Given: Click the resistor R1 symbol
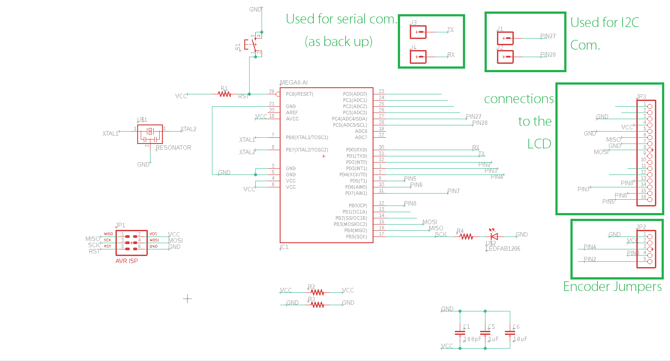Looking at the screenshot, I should click(225, 94).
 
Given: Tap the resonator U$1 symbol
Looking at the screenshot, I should click(150, 134).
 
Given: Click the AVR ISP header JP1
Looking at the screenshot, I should click(131, 243).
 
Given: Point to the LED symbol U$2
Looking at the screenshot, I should click(494, 236).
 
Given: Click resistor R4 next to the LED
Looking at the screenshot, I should click(466, 237).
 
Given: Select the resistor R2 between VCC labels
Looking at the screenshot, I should click(317, 292).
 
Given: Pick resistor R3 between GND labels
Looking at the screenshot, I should click(317, 305).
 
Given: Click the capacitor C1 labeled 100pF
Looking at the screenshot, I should click(460, 333).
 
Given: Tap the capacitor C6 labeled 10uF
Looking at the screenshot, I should click(510, 333).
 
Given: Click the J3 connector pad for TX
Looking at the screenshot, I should click(418, 32).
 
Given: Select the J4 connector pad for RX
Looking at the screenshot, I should click(418, 57).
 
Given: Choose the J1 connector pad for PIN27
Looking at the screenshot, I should click(505, 38).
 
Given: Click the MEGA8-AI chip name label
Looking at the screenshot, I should click(294, 83).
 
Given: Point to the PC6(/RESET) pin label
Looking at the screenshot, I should click(299, 94).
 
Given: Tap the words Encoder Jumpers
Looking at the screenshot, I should click(612, 287).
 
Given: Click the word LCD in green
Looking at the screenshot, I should click(539, 144).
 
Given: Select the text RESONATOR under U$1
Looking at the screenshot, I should click(173, 148).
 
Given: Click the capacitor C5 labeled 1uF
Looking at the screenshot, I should click(485, 333).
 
